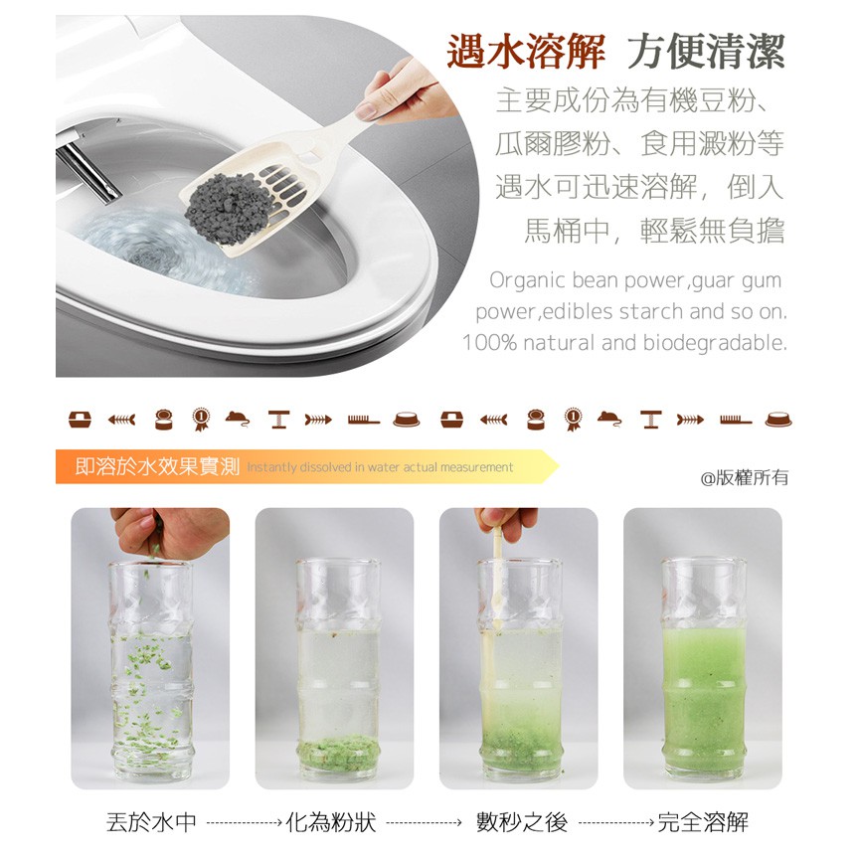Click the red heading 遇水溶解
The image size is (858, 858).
click(x=526, y=52)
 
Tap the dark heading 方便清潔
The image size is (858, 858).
click(x=706, y=52)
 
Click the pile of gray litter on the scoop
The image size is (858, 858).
click(x=230, y=208)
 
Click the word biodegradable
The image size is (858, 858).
click(x=715, y=343)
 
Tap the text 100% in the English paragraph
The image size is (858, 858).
click(x=490, y=343)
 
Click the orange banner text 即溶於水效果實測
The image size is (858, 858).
click(x=158, y=466)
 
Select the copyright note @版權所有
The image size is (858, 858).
click(x=745, y=477)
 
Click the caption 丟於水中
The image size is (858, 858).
click(x=151, y=822)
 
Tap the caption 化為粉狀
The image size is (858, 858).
click(x=331, y=822)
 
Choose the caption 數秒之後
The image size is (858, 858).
click(x=522, y=822)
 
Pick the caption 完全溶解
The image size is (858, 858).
click(x=703, y=822)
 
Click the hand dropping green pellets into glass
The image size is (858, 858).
click(x=170, y=531)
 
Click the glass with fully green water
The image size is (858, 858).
click(x=704, y=669)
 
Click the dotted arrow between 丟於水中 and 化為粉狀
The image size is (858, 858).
click(x=245, y=822)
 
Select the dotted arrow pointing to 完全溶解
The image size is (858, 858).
click(x=616, y=822)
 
